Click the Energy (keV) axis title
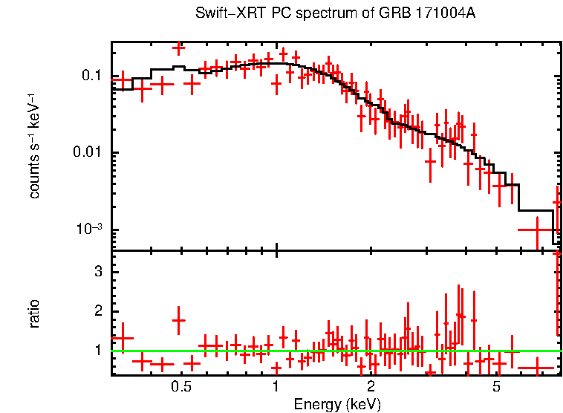337,404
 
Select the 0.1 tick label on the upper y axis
91,76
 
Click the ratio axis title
34,313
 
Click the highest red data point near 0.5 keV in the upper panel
178,48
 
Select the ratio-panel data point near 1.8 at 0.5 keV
178,320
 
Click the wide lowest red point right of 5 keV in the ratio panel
536,368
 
